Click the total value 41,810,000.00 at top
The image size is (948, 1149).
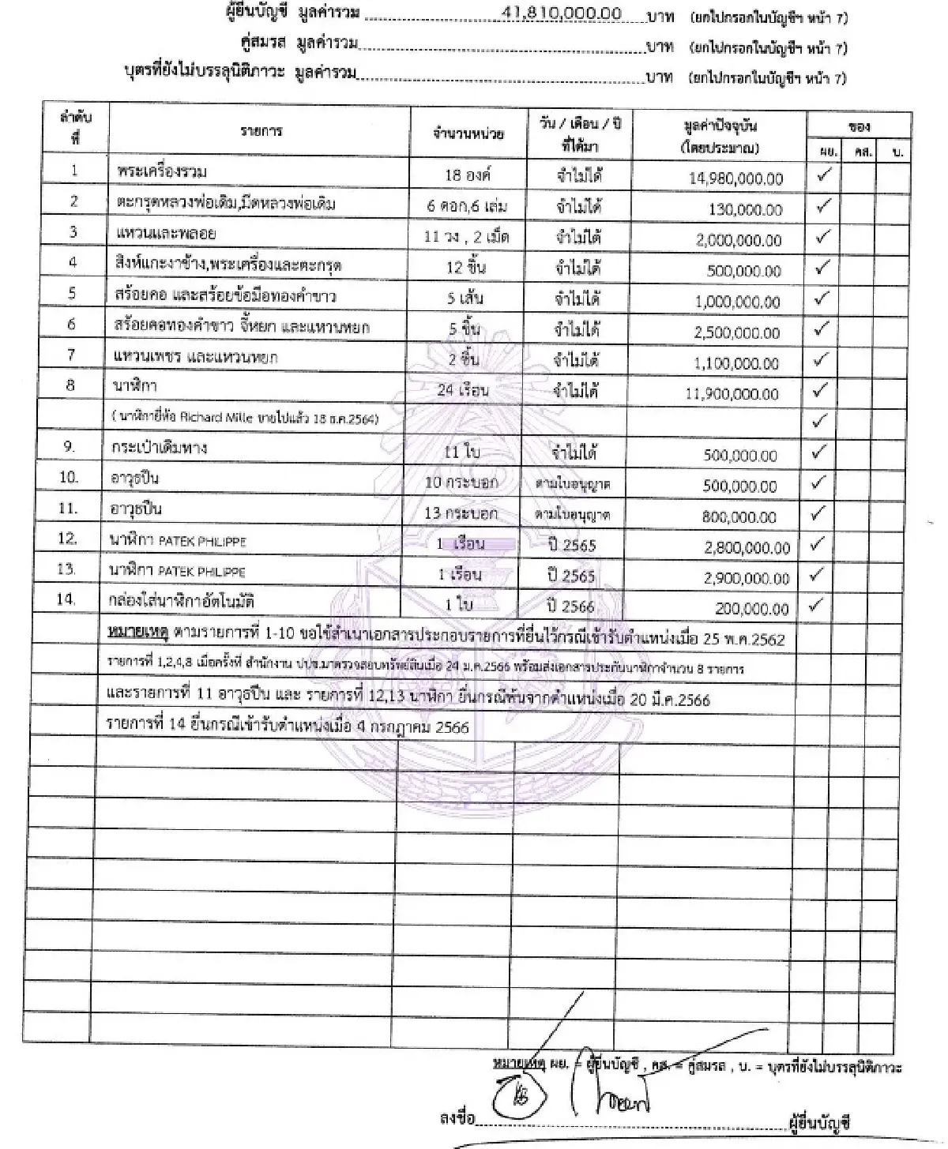[x=562, y=13]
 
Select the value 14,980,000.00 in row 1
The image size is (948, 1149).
[x=735, y=179]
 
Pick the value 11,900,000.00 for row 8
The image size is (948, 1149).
[x=732, y=394]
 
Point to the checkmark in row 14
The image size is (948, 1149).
[x=822, y=606]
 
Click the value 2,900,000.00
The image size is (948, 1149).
[x=747, y=578]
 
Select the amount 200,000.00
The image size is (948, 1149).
[x=751, y=609]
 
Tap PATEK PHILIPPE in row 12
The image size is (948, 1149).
[x=202, y=542]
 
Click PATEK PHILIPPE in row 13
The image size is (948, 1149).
[x=202, y=572]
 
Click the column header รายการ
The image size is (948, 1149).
[x=261, y=132]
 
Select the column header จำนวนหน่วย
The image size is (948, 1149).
[x=468, y=133]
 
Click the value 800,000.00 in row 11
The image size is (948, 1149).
[x=739, y=517]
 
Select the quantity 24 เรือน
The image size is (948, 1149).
[x=463, y=389]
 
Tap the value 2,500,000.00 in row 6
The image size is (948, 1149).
[x=737, y=332]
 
